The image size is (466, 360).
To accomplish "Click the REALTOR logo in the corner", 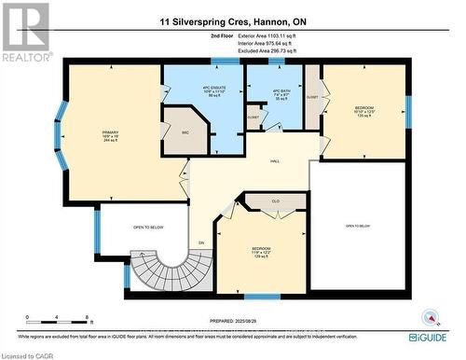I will pos(25,31).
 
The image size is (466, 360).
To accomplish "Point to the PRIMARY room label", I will pos(111,136).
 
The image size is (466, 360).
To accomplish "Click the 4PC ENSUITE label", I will pos(207,91).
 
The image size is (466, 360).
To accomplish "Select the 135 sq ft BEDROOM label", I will pos(363,111).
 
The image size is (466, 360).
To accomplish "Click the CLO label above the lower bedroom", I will pos(276,201).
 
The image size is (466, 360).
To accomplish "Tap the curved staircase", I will pos(155,270).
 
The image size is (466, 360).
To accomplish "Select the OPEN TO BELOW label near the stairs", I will pos(138,226).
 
